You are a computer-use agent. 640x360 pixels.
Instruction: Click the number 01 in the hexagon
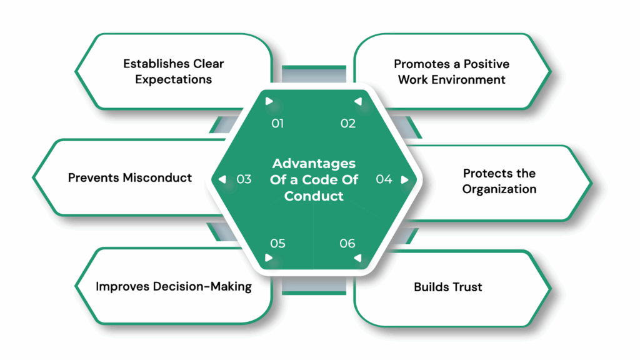(x=277, y=124)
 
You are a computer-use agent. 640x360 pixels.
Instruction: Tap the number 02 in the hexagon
(x=348, y=124)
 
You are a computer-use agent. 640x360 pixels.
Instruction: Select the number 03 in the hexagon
(x=244, y=179)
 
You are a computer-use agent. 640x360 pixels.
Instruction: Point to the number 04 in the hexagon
(x=384, y=179)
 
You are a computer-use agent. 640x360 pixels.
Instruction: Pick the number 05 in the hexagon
(x=277, y=243)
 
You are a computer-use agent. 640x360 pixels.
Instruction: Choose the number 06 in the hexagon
(x=347, y=243)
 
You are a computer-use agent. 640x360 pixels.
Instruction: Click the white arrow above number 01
(x=269, y=101)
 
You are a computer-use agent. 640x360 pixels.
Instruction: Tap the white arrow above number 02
(x=357, y=101)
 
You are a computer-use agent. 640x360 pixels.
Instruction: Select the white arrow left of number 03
(x=222, y=180)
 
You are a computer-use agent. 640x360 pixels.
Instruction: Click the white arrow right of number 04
(x=404, y=180)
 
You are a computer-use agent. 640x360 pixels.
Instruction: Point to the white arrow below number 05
(x=269, y=257)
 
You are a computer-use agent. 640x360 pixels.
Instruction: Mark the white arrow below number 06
(x=357, y=257)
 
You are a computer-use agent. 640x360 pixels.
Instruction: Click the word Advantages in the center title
(x=314, y=164)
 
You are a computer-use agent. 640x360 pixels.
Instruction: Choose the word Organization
(x=499, y=189)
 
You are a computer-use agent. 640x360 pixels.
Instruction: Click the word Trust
(x=466, y=287)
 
